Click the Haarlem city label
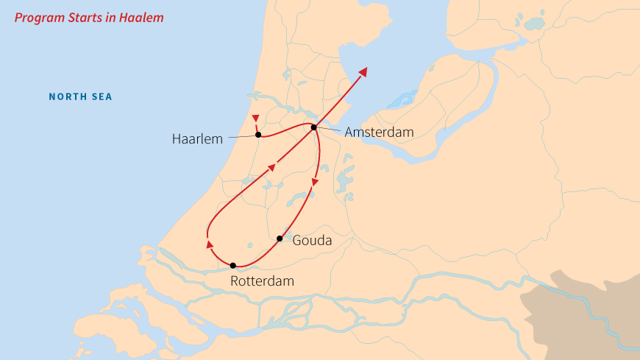[x=197, y=138]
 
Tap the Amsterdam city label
[x=380, y=132]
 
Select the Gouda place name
[x=312, y=241]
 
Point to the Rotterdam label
[x=262, y=281]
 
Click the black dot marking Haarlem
[x=258, y=135]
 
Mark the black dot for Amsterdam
[x=313, y=127]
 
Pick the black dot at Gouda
[x=280, y=239]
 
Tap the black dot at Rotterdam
[x=232, y=265]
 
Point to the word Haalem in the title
[x=143, y=17]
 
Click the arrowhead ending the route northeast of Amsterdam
[x=363, y=72]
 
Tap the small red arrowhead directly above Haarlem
[x=255, y=119]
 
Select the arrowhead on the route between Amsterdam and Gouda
[x=315, y=181]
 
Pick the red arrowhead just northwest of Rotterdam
[x=210, y=244]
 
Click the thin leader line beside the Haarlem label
[x=241, y=137]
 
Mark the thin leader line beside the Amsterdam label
[x=330, y=130]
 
